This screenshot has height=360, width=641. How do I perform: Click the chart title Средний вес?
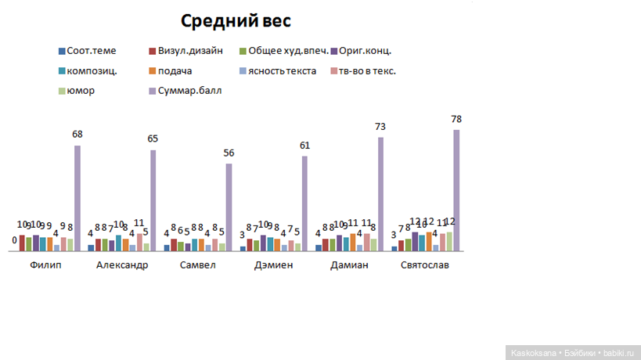tap(236, 21)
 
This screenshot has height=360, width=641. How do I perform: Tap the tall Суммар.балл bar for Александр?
tap(153, 200)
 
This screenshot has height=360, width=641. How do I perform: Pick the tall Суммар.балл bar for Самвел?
tap(229, 207)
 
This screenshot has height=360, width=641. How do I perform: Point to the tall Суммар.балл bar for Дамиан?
tap(381, 194)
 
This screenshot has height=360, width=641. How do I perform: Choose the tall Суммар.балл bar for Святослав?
tap(456, 190)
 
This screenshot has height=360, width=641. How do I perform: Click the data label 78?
tap(456, 120)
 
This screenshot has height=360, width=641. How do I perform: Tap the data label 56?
tap(229, 153)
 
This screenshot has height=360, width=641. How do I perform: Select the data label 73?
tap(381, 127)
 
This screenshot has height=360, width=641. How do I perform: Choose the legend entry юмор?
tap(81, 90)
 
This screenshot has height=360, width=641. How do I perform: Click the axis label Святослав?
tap(425, 265)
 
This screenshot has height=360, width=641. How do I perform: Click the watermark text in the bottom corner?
tap(572, 353)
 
